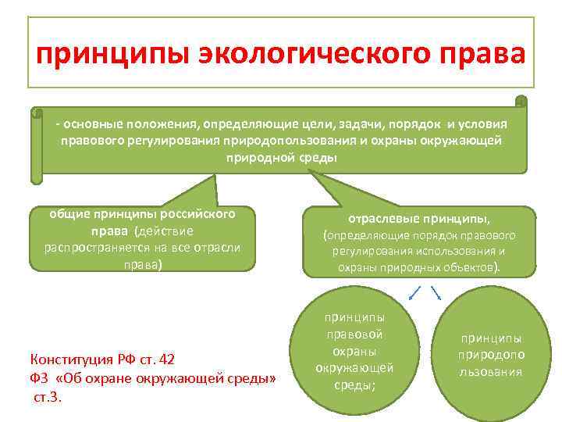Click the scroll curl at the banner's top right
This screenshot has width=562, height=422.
click(x=521, y=101)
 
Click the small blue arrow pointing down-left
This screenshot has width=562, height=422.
click(x=414, y=293)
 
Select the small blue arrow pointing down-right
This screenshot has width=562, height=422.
click(x=436, y=293)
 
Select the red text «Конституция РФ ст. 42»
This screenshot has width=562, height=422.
click(x=102, y=359)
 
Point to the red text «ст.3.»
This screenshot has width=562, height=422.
click(x=47, y=397)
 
